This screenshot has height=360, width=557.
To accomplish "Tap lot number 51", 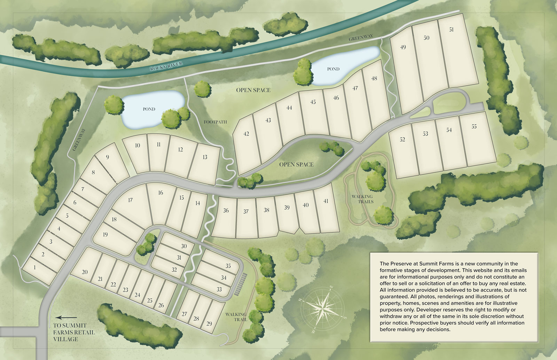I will click(451, 30).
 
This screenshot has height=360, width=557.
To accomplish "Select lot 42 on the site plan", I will click(246, 134).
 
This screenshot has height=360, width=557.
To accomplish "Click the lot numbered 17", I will click(131, 200).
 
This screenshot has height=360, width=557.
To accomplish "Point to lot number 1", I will click(35, 268).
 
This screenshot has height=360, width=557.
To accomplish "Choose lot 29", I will click(209, 323).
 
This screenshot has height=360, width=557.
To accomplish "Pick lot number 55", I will click(474, 127).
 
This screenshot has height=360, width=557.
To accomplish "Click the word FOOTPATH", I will click(215, 122).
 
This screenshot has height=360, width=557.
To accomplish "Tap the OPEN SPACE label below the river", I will click(253, 90).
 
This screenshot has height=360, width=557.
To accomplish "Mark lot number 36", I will click(226, 211).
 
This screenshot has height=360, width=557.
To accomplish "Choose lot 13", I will click(205, 157).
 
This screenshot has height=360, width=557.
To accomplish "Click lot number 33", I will click(219, 289).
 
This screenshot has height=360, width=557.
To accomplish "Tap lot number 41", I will click(326, 201).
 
